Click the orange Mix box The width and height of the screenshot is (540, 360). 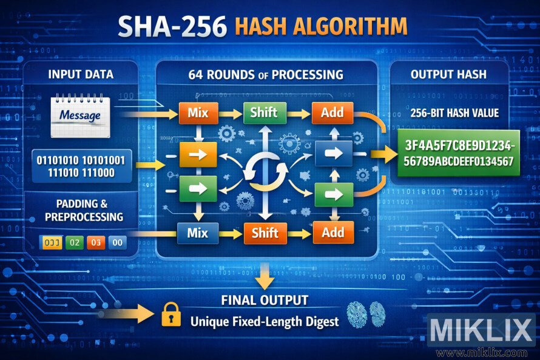pos(198,114)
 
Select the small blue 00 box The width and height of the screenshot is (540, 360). pos(117,242)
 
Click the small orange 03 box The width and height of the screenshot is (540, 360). pos(95,242)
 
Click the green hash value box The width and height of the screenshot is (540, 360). pos(456,153)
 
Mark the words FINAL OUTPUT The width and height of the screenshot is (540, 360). pos(265,300)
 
